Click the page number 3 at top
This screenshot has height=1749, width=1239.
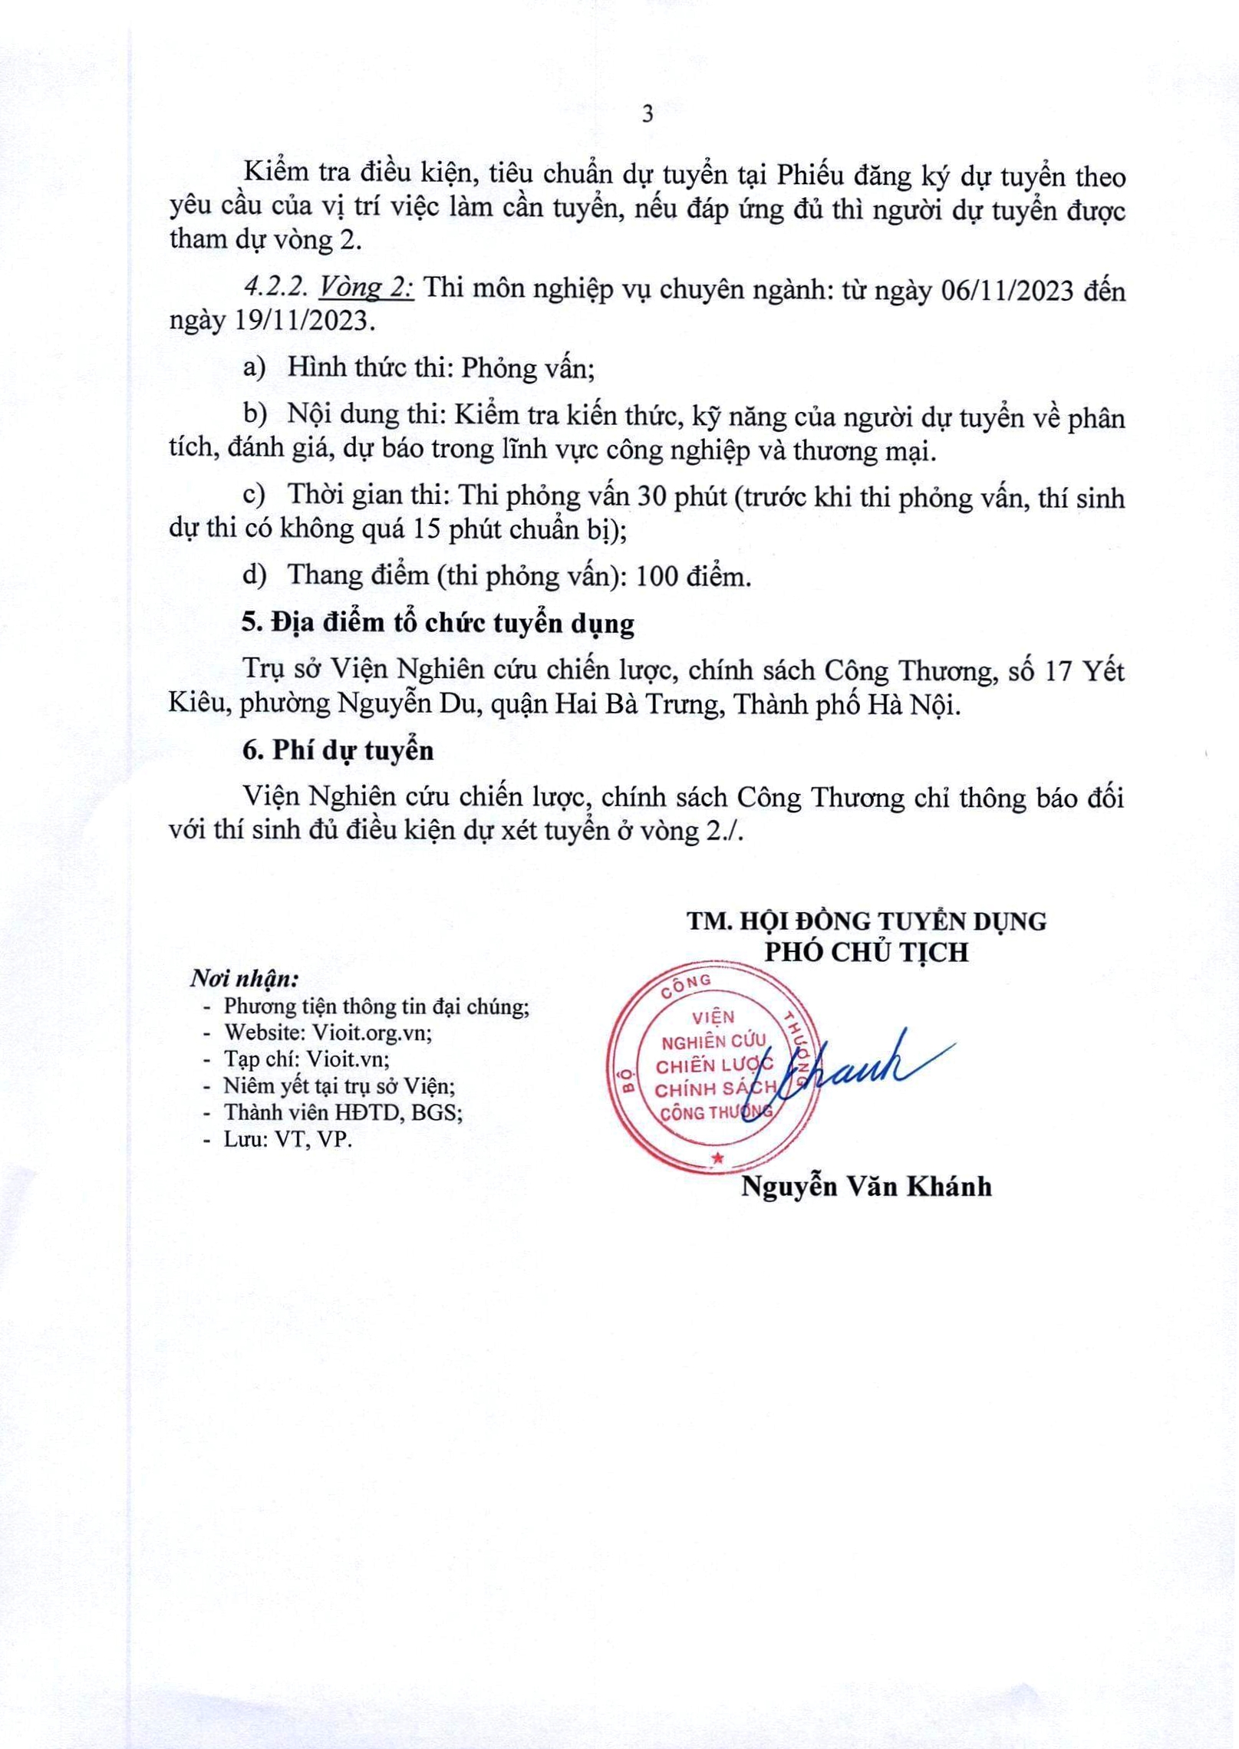[648, 114]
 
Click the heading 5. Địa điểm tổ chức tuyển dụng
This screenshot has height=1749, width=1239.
[438, 624]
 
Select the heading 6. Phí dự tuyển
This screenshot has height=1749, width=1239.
[338, 750]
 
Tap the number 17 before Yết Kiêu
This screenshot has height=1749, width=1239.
[1061, 671]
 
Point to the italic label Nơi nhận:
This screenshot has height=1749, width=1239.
[244, 980]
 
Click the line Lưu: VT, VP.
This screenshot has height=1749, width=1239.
[288, 1139]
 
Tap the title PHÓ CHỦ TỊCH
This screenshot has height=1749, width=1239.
[867, 953]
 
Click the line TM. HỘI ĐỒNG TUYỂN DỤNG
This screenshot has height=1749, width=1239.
[867, 921]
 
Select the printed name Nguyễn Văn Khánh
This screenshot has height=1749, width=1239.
[866, 1187]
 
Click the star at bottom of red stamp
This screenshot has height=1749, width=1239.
[717, 1158]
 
